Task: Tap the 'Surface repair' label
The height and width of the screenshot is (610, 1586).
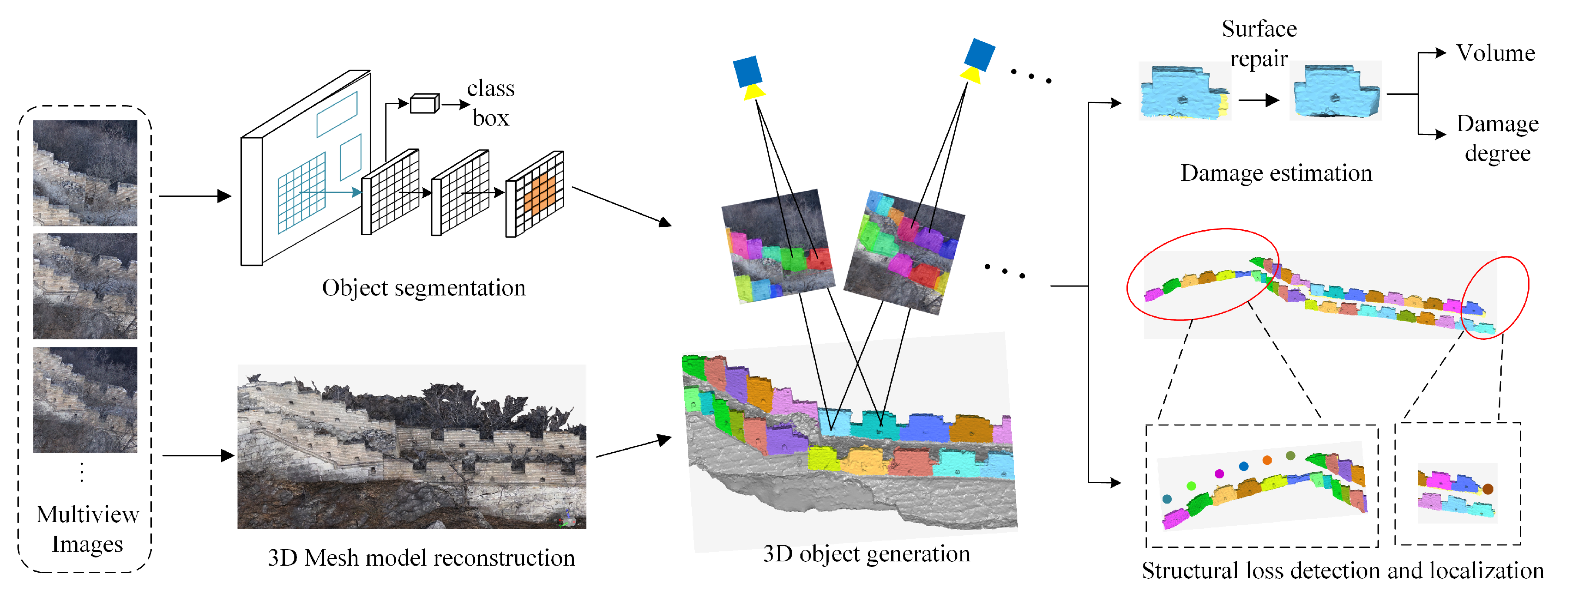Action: tap(1259, 44)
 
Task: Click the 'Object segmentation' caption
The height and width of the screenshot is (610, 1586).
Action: tap(423, 288)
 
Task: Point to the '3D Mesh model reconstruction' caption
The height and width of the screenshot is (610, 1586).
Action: tap(421, 558)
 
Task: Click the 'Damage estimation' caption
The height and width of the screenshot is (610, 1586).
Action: tap(1276, 173)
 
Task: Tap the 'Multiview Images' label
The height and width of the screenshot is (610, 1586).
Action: tap(87, 529)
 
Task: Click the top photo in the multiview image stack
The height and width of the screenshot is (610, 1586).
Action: tap(85, 173)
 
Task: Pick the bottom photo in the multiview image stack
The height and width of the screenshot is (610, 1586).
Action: tap(85, 400)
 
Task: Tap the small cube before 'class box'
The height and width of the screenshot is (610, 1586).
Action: tap(424, 103)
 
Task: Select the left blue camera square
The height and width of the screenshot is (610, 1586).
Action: tap(747, 71)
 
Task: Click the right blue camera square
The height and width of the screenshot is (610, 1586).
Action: tap(979, 54)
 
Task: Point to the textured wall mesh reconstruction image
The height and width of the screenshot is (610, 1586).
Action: tap(411, 447)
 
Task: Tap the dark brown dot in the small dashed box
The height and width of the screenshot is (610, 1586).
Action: tap(1488, 489)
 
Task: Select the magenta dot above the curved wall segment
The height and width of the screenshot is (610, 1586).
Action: tap(1219, 473)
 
